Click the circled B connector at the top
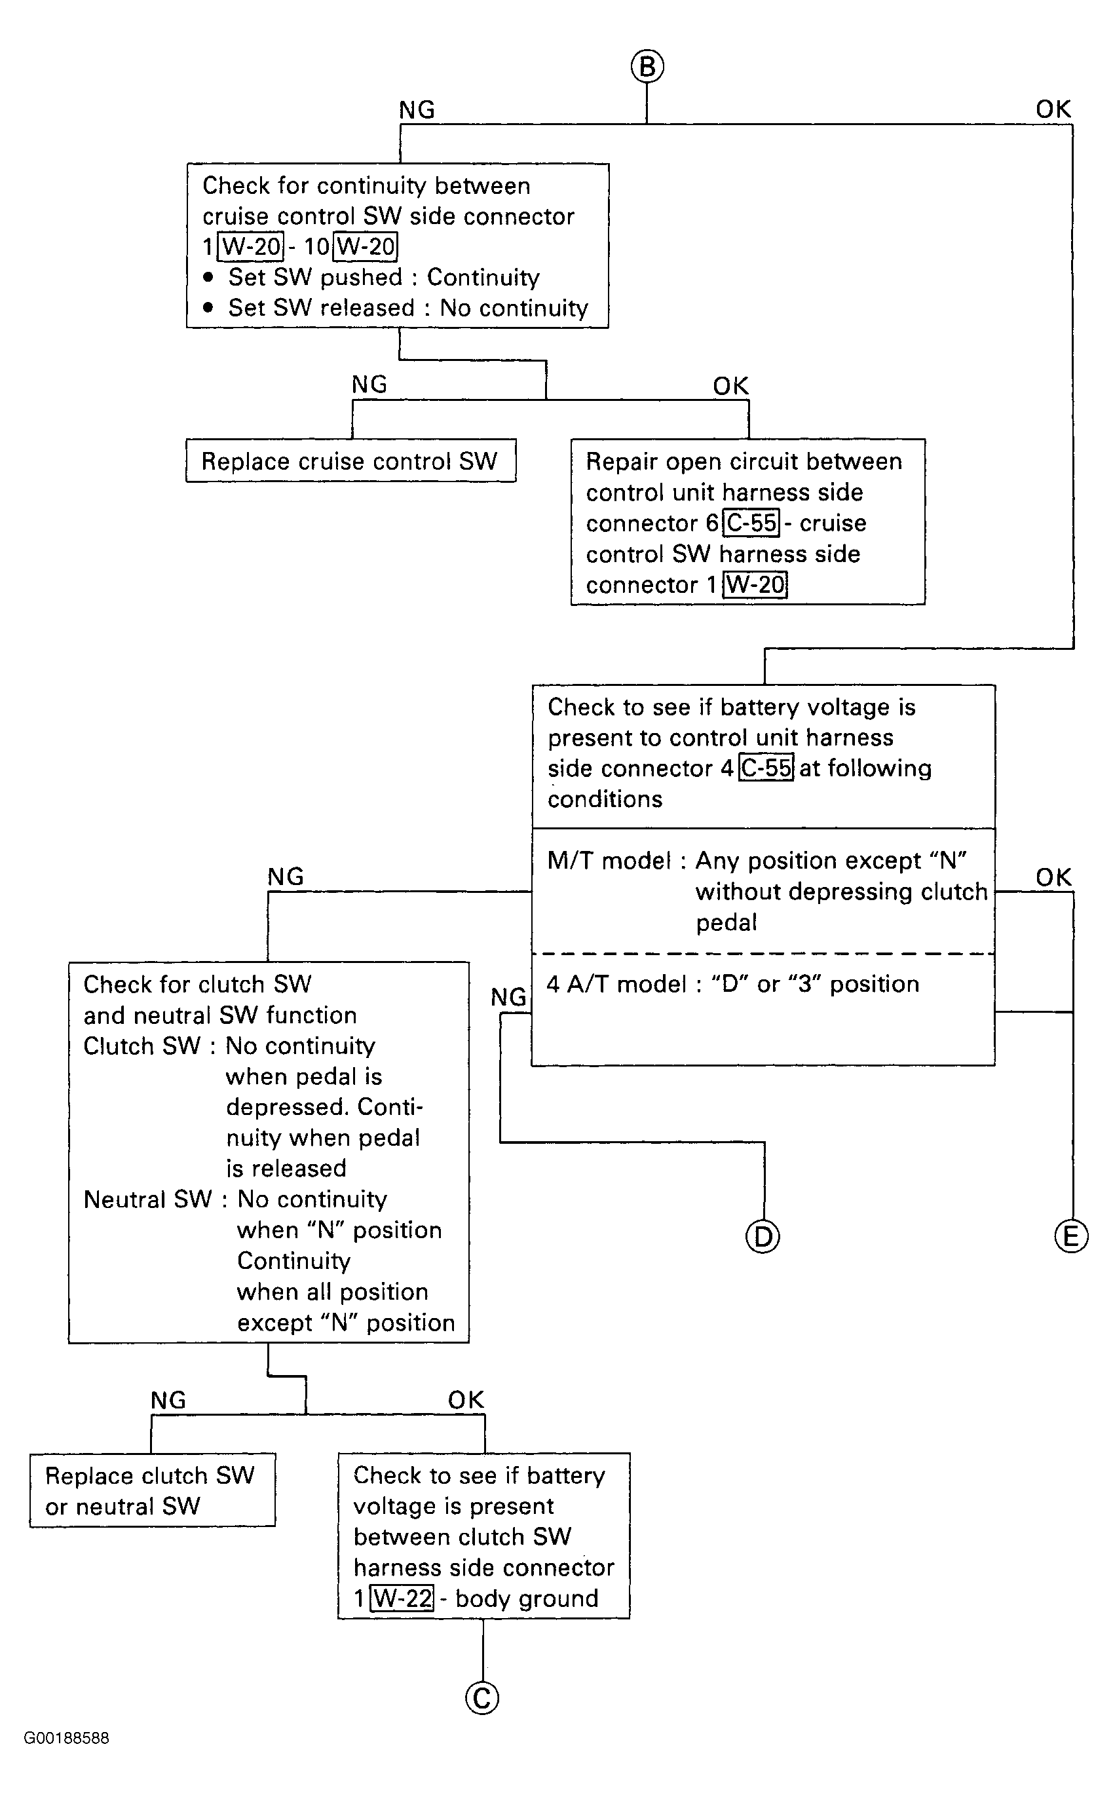tap(647, 66)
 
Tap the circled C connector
tap(482, 1698)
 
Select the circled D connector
tap(763, 1237)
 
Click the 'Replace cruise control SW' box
tap(350, 461)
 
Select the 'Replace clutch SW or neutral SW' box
tap(153, 1490)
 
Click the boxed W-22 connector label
tap(402, 1598)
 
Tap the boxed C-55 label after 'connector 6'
tap(751, 523)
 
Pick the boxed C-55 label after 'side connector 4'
tap(766, 768)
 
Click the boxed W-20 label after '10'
tap(366, 246)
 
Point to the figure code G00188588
tap(66, 1738)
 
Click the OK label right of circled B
tap(1053, 109)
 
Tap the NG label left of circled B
tap(417, 109)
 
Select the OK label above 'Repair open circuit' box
tap(730, 385)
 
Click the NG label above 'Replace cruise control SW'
tap(369, 384)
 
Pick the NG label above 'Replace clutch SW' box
tap(168, 1400)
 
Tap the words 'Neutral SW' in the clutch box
tap(148, 1199)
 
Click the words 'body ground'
tap(526, 1598)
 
